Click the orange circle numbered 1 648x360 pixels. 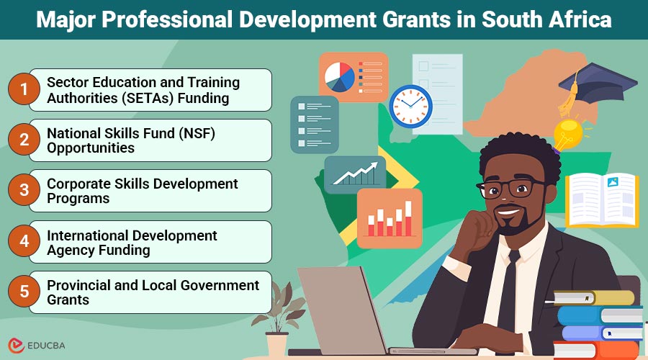(23, 90)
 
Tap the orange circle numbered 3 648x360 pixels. (23, 191)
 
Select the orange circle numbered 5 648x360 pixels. (23, 292)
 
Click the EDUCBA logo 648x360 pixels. (40, 345)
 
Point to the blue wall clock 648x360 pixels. (410, 107)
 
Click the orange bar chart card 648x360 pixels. (390, 218)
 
